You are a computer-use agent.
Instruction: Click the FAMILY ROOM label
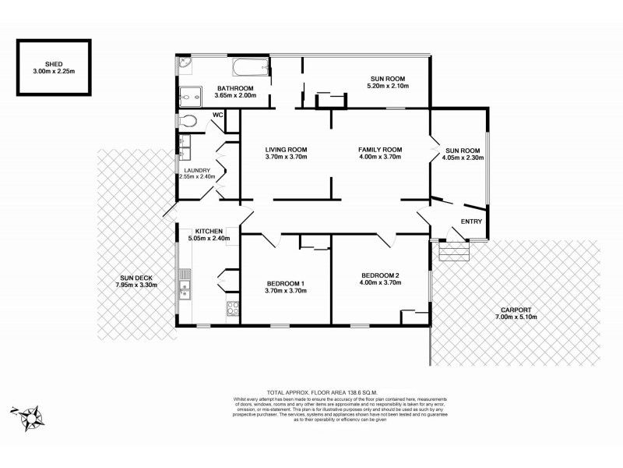[x=379, y=149]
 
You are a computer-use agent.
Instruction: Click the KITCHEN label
[x=209, y=231]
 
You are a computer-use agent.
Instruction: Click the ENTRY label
[x=471, y=222]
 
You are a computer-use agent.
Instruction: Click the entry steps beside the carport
[x=454, y=251]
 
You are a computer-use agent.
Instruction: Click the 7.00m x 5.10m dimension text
[x=516, y=318]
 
